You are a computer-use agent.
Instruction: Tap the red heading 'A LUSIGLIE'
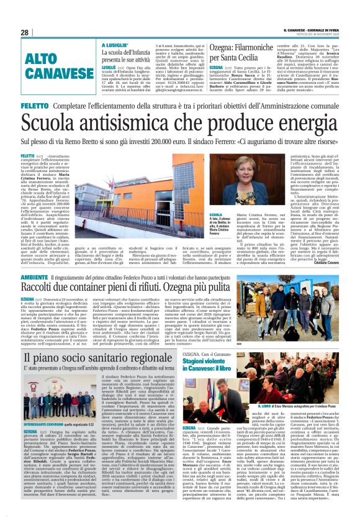(115, 45)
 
